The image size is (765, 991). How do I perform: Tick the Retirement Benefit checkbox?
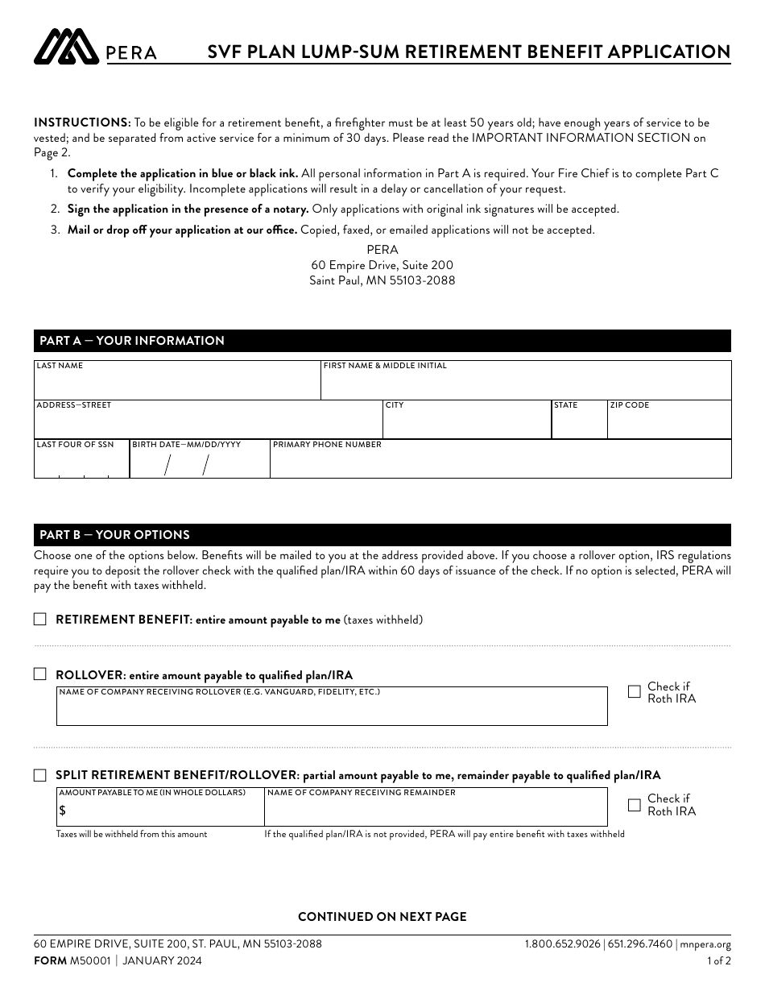pyautogui.click(x=40, y=620)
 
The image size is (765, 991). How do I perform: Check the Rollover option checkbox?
pyautogui.click(x=40, y=674)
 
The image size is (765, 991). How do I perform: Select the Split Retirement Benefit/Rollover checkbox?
pyautogui.click(x=40, y=775)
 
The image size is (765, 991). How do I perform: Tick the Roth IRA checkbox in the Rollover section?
pyautogui.click(x=635, y=691)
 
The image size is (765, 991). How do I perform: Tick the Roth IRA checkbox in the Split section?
pyautogui.click(x=635, y=804)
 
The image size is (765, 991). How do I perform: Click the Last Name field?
pyautogui.click(x=177, y=384)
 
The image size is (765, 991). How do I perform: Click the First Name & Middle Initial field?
pyautogui.click(x=525, y=384)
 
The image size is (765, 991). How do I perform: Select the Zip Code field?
pyautogui.click(x=668, y=423)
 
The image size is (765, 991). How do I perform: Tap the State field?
pyautogui.click(x=579, y=423)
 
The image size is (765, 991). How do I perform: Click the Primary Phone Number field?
pyautogui.click(x=499, y=462)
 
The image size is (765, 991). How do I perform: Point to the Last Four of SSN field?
pyautogui.click(x=81, y=462)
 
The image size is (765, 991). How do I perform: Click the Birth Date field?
pyautogui.click(x=199, y=464)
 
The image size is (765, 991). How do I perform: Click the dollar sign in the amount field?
pyautogui.click(x=62, y=811)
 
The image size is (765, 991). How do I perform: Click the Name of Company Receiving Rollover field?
pyautogui.click(x=331, y=710)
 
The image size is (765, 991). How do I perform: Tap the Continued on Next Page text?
pyautogui.click(x=382, y=917)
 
